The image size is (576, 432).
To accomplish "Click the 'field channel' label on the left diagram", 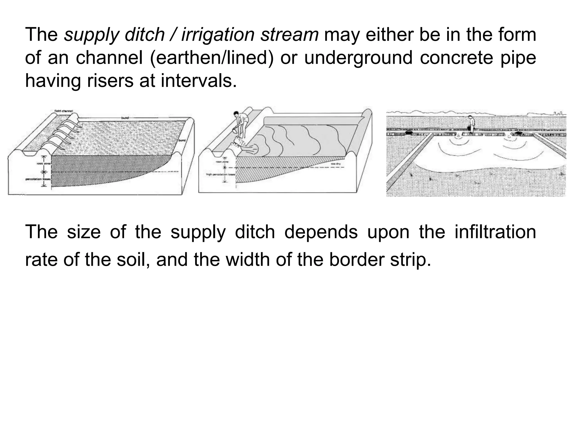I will (x=64, y=111).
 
